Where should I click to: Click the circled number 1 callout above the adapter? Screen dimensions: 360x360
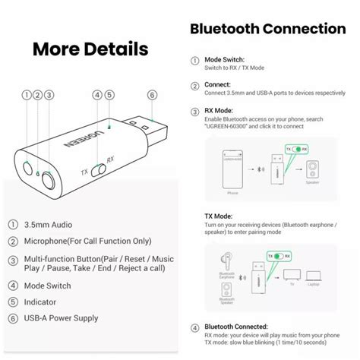click(27, 96)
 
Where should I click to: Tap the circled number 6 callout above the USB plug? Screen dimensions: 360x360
click(153, 96)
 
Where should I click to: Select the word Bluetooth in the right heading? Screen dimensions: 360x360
click(227, 29)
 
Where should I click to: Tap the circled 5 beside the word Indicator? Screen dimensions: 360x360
click(14, 303)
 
